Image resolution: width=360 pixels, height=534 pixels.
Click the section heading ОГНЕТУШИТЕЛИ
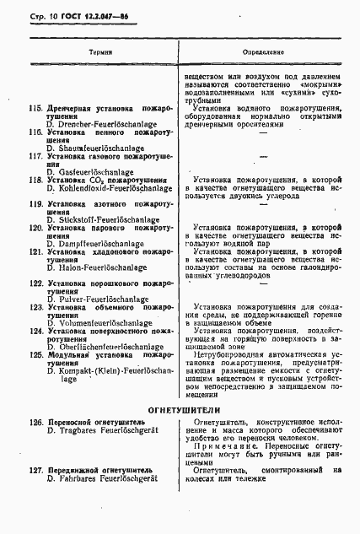180,410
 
